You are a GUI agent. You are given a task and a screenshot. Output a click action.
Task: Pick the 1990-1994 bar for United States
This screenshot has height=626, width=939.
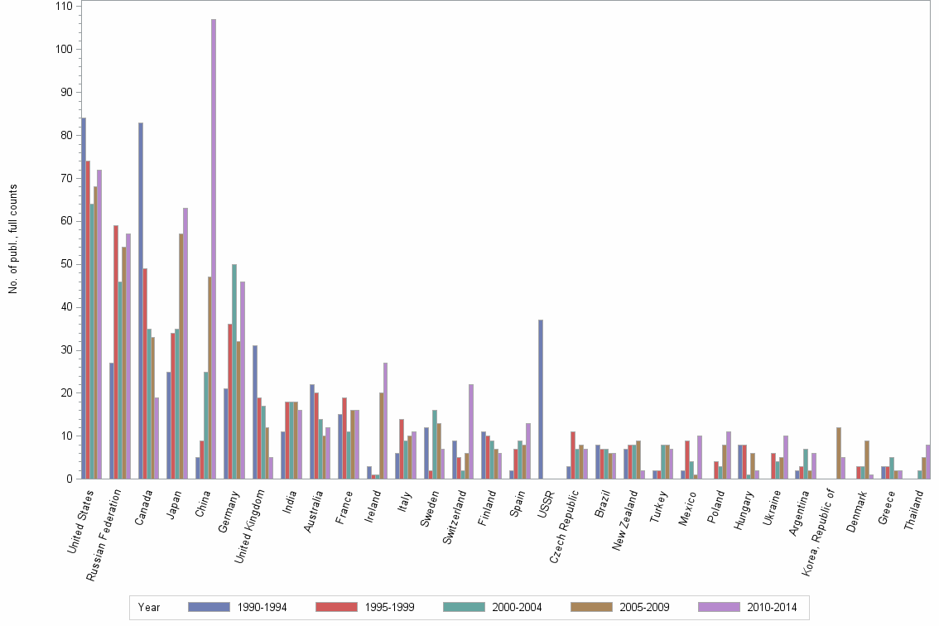[x=84, y=298]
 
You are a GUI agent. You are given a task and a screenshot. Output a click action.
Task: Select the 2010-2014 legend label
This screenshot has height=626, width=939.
[x=771, y=607]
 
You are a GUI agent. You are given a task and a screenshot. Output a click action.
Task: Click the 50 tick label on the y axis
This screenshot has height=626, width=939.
[x=65, y=264]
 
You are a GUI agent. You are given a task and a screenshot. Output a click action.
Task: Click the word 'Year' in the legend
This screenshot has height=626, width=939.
[x=150, y=607]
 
